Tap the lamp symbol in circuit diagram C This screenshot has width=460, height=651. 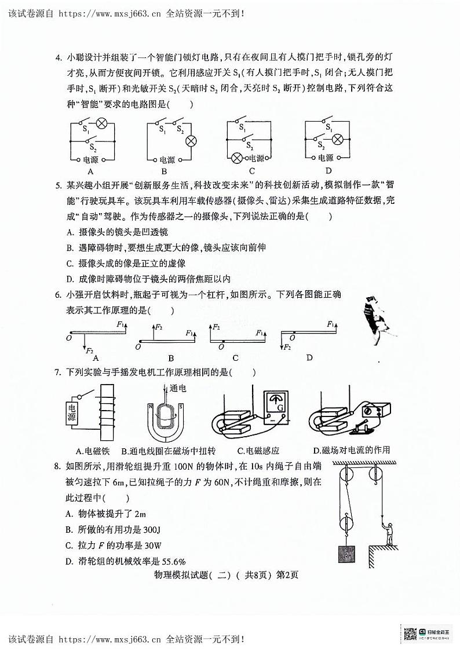(236, 158)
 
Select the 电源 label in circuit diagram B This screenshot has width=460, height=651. (167, 159)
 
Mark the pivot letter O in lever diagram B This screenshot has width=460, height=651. (137, 346)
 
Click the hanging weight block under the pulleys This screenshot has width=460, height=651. (347, 553)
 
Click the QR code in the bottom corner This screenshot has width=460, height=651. (410, 634)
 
